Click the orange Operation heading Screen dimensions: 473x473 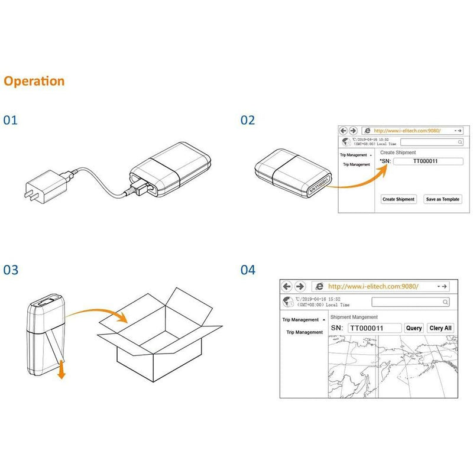pos(34,81)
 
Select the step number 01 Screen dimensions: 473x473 pos(11,120)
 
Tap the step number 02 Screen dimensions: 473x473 pos(248,120)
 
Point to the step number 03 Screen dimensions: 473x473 pos(11,270)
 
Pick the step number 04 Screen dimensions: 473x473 pos(248,270)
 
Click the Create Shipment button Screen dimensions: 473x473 pos(399,199)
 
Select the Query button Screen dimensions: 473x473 pos(414,328)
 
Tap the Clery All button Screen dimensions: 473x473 pos(440,328)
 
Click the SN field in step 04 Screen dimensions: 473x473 pos(374,328)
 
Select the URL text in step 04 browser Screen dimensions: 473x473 pos(373,286)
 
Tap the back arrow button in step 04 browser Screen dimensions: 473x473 pos(287,286)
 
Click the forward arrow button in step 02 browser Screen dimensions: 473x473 pos(353,130)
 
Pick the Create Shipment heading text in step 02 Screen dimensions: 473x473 pos(398,153)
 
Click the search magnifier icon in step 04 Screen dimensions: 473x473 pos(445,302)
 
